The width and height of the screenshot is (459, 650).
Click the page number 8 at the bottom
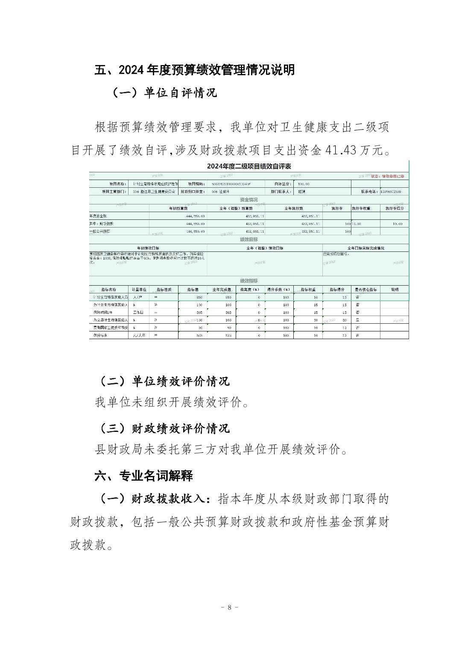point(229,607)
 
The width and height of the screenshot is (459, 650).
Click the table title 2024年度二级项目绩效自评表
point(249,166)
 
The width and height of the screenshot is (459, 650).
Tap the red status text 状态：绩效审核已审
point(387,176)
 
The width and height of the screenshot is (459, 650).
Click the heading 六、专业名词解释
point(143,476)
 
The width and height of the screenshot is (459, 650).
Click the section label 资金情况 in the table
point(249,200)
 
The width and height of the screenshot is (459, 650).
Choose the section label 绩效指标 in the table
point(249,281)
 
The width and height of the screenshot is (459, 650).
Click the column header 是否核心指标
point(365,290)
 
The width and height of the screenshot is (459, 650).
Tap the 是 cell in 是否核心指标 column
point(357,320)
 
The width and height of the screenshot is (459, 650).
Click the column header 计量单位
point(139,290)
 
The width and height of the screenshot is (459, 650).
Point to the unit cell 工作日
point(137,313)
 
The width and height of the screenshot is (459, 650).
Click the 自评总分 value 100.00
point(304,184)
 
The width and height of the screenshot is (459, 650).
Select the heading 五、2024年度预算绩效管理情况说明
point(194,70)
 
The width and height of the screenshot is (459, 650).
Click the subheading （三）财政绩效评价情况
point(164,428)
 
